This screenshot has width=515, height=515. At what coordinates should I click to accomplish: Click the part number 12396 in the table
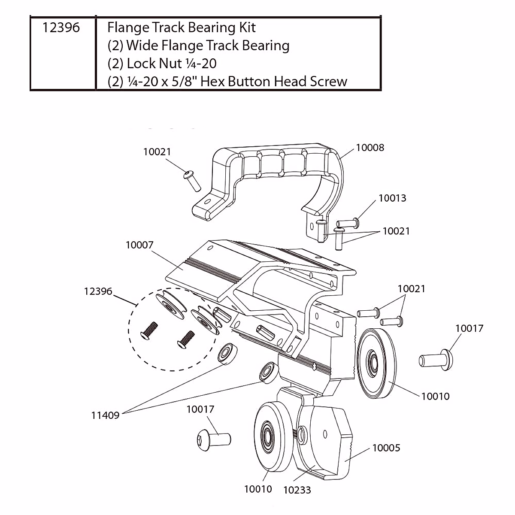pos(61,28)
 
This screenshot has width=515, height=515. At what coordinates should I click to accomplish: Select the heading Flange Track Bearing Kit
pos(181,28)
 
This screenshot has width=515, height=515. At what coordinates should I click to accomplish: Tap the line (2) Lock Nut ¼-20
pos(162,64)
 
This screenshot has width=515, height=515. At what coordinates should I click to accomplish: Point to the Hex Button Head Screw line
pos(227,82)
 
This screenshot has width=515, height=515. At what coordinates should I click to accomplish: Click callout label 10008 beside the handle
pos(370,148)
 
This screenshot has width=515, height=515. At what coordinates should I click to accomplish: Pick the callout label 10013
pos(392,198)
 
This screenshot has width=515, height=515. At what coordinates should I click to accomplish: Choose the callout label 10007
pos(139,245)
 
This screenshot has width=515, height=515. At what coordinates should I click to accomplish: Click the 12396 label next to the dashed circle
pos(98,291)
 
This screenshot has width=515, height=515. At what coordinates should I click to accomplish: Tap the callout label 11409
pos(105,415)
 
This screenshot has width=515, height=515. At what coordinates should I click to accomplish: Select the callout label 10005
pos(386,448)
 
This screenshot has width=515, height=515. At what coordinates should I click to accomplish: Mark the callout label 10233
pos(297,490)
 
